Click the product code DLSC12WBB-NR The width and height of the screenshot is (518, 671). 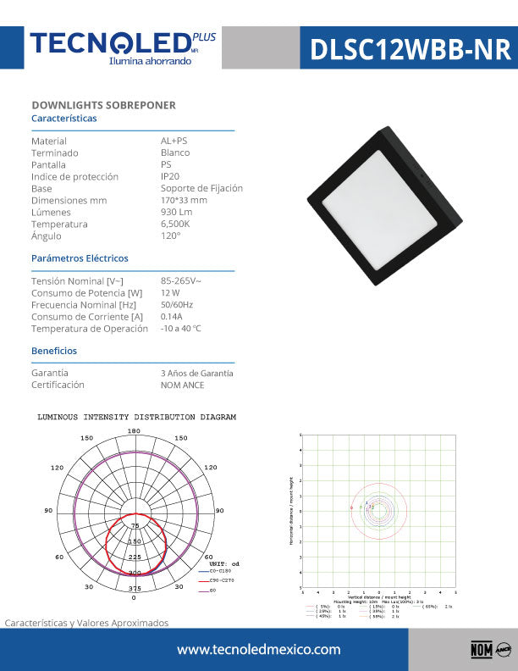(411, 50)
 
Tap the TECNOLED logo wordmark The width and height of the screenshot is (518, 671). (110, 43)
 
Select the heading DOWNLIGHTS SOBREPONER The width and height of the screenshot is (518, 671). (103, 105)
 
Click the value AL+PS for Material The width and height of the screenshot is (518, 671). (174, 141)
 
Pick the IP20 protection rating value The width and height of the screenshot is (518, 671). (170, 176)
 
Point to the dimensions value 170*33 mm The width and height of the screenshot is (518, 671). (184, 200)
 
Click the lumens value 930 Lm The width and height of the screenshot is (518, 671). (177, 212)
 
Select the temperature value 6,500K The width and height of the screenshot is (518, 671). (175, 224)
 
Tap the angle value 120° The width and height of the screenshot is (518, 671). (170, 236)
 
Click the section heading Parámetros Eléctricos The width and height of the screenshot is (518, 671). (80, 258)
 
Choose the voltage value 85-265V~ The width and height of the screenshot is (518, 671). (181, 280)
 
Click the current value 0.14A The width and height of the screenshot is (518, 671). (172, 316)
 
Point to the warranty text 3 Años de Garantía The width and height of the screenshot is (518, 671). (197, 373)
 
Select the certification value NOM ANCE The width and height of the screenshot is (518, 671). (182, 385)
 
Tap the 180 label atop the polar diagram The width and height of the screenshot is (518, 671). (134, 431)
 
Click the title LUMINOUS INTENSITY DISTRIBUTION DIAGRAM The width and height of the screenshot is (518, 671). (137, 418)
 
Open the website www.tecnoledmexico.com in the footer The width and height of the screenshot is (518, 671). (259, 650)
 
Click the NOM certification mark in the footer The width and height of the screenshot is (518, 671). (480, 650)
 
